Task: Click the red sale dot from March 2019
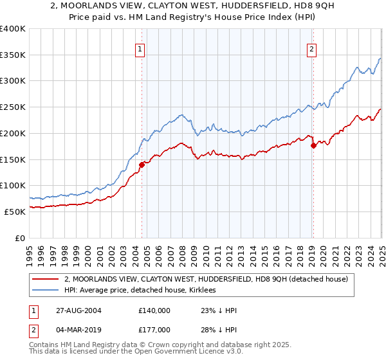point(313,145)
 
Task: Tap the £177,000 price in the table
point(154,330)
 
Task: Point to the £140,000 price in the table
point(154,310)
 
